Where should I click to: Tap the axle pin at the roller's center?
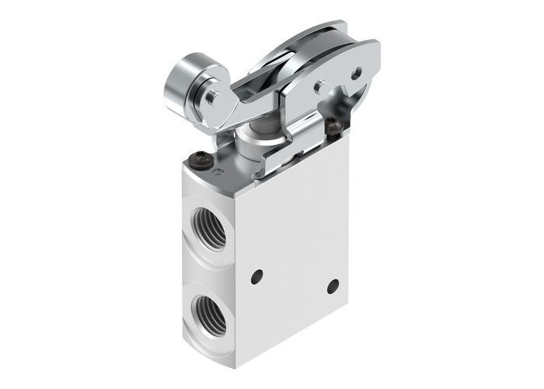[x=211, y=98]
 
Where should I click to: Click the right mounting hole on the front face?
[x=333, y=286]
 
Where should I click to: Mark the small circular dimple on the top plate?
[x=220, y=172]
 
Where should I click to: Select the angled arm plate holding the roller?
[x=233, y=101]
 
